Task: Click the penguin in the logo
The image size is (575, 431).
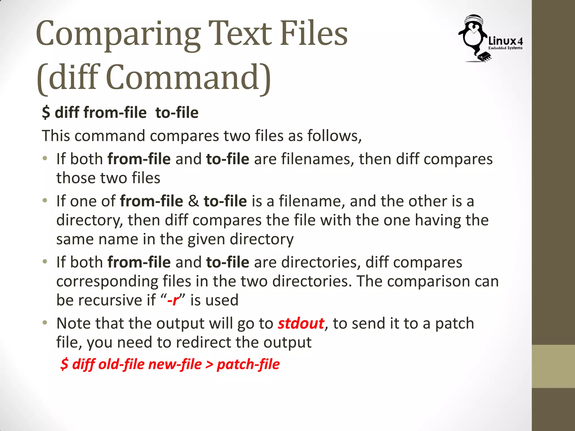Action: click(x=473, y=36)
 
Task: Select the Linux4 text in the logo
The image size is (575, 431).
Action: click(x=505, y=41)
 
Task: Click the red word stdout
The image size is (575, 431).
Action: click(x=301, y=323)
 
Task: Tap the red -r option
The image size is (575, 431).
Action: click(x=173, y=300)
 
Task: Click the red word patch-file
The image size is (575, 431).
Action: click(x=248, y=364)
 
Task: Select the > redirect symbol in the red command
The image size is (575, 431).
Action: click(x=209, y=364)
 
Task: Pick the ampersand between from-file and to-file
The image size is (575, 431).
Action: click(x=193, y=201)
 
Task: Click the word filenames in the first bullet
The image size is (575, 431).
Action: click(x=318, y=159)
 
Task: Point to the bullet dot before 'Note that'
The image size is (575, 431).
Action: click(x=45, y=323)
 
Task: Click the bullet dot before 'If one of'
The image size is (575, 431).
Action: click(x=45, y=201)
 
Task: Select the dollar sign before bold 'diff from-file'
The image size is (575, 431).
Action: click(x=46, y=113)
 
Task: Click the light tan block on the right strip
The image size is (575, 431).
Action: click(x=553, y=366)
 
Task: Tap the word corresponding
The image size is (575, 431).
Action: click(x=107, y=281)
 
